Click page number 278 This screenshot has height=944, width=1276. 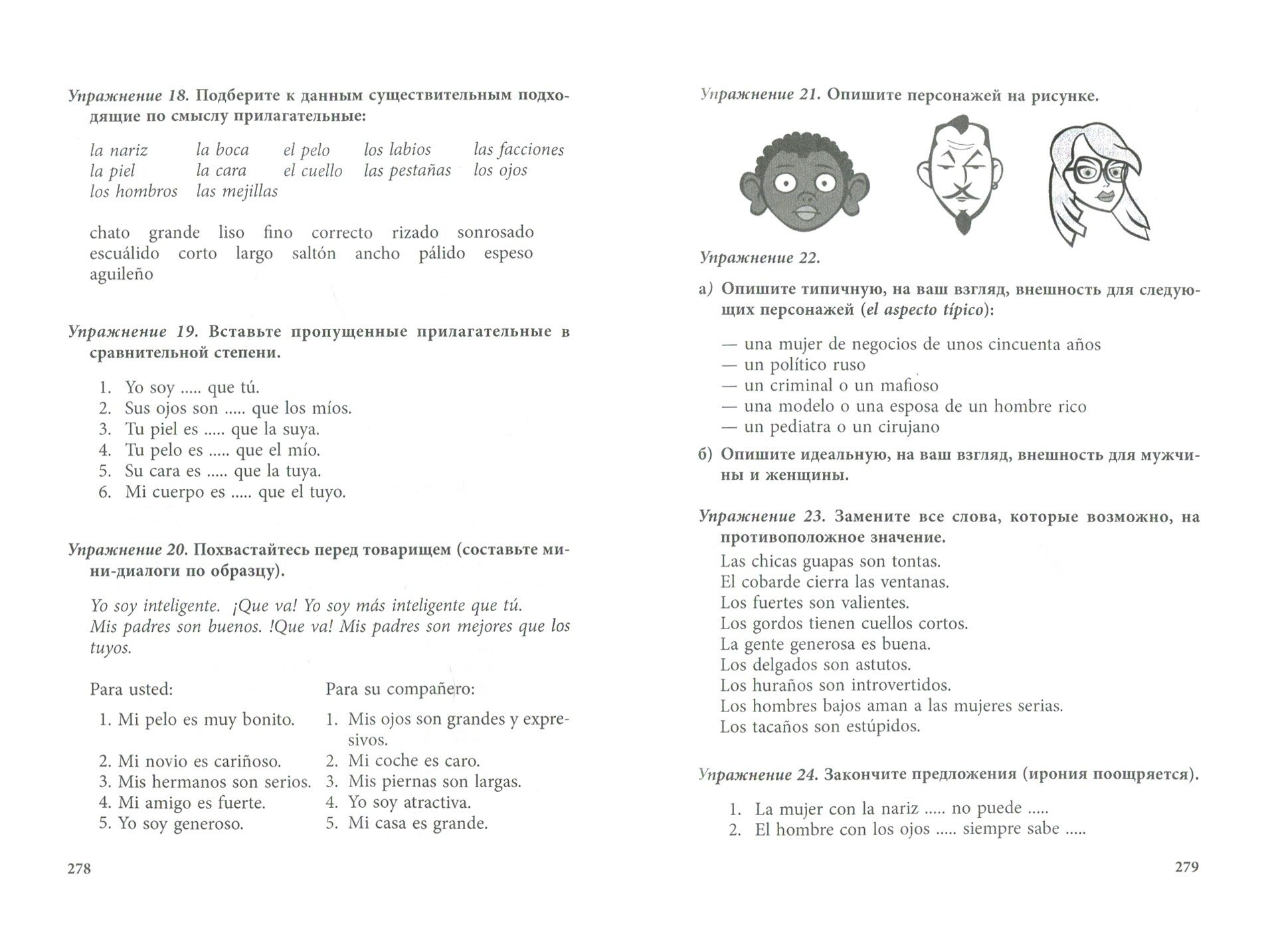tap(79, 868)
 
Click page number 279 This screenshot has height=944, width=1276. tap(1186, 866)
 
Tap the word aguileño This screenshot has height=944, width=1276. tap(122, 274)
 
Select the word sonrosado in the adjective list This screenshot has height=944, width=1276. tap(495, 233)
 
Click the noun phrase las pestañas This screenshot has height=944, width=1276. tap(407, 171)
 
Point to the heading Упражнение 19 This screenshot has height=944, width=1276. tap(133, 331)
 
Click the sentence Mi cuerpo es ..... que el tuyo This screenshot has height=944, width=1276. tap(235, 492)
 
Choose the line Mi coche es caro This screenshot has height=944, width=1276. tap(413, 761)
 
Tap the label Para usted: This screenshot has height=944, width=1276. tap(132, 690)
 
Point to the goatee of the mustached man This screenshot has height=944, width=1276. tap(960, 219)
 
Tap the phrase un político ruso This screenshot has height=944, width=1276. tap(804, 365)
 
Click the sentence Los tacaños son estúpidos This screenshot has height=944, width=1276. tap(820, 727)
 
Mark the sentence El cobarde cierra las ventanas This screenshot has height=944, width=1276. tap(834, 583)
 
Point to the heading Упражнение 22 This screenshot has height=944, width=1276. tap(759, 258)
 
